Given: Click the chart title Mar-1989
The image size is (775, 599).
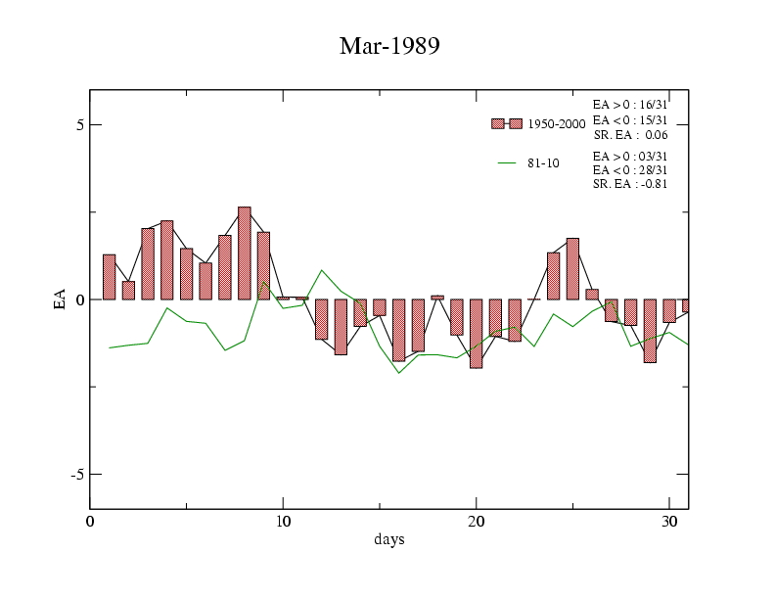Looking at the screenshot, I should point(388,46).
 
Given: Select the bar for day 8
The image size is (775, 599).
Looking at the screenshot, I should point(245,253).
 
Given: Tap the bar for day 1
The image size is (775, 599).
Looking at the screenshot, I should point(110,277).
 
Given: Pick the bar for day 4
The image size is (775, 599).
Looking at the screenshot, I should point(167,260).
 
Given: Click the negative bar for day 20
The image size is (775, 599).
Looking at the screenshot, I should point(476,334).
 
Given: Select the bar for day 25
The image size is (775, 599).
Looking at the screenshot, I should point(572,269).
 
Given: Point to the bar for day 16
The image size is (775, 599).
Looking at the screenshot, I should point(398,330).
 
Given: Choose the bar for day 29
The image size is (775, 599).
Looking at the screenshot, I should point(650,331).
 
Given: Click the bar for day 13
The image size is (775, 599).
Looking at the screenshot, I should point(341,327).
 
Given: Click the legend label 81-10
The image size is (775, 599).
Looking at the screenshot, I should point(543,163).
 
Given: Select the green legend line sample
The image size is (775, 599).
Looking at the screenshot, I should point(507,163).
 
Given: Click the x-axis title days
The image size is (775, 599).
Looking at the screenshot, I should point(388,539).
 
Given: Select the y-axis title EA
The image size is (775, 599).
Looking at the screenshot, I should point(61,299).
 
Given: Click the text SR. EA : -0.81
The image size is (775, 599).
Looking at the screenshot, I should point(630,184).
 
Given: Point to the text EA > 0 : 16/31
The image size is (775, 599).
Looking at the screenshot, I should point(630,104).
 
